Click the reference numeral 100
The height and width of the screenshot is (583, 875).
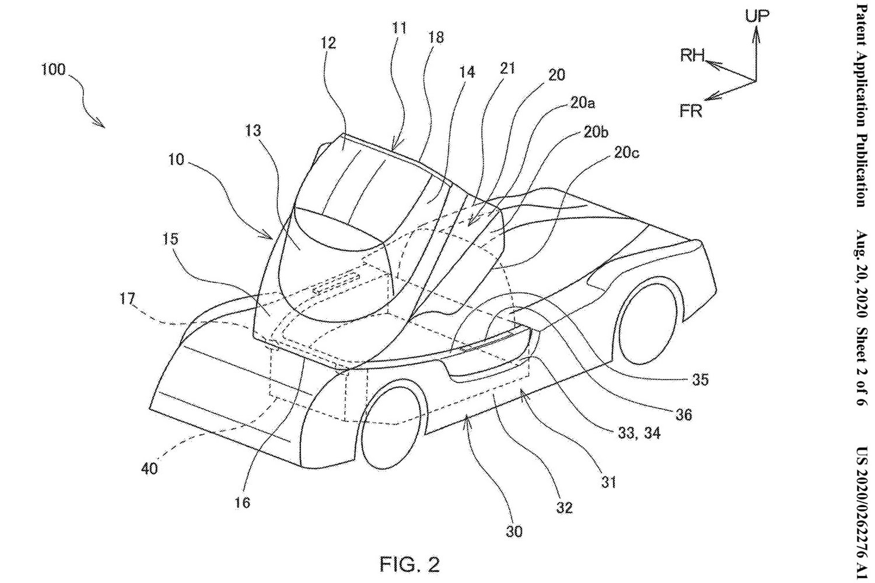(54, 70)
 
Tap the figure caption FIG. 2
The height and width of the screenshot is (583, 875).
(409, 564)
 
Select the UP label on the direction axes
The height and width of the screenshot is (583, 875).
(757, 16)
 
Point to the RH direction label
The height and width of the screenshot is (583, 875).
(692, 56)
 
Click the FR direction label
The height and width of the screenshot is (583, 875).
(691, 111)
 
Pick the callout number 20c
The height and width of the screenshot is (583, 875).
(626, 153)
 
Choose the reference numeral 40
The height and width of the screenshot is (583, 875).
(149, 468)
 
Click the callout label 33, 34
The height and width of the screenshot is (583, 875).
(638, 433)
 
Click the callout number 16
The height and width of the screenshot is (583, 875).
(243, 501)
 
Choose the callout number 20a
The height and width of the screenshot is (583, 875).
(582, 104)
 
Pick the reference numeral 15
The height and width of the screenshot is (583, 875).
(171, 239)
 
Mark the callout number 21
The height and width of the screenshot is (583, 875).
(508, 68)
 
